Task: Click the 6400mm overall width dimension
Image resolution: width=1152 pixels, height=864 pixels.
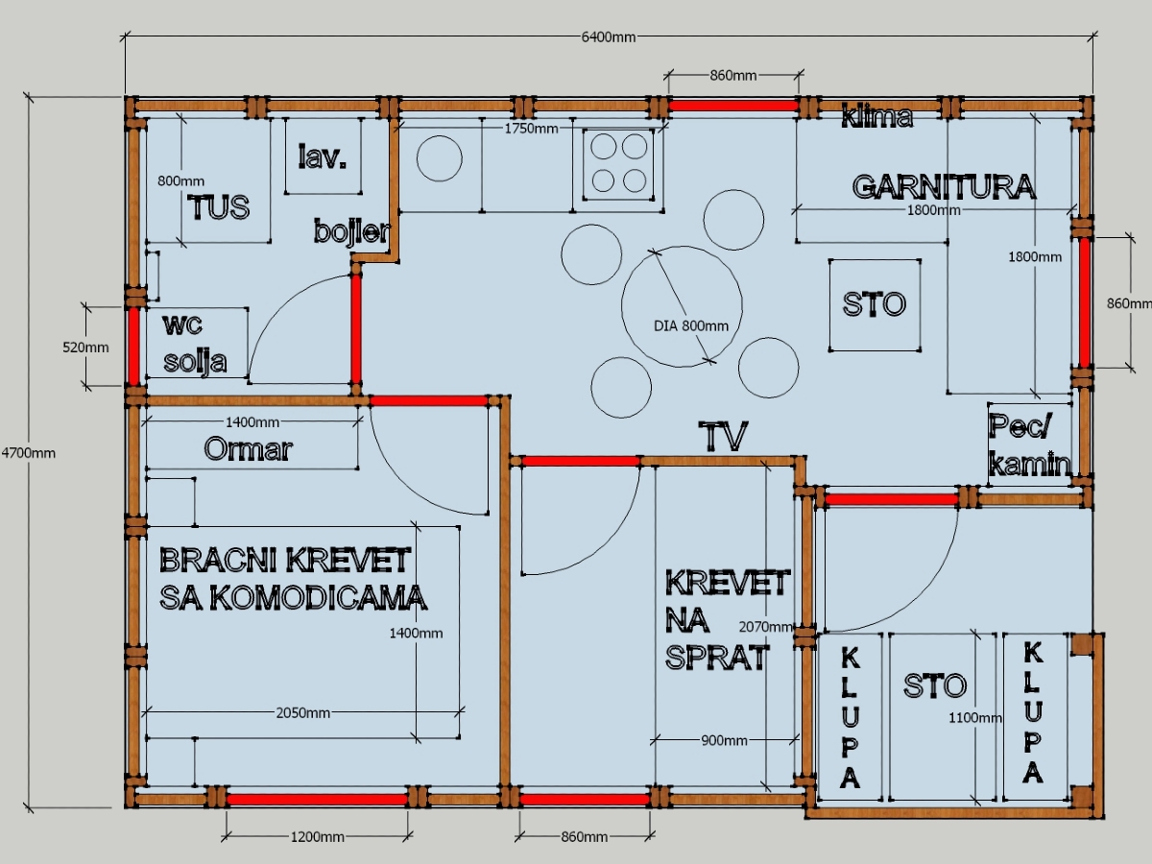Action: click(x=609, y=37)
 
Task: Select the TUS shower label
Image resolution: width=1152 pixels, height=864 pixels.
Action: click(x=219, y=207)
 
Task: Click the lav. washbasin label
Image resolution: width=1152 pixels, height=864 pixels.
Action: click(x=322, y=157)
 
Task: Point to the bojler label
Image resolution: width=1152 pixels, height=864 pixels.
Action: click(x=351, y=231)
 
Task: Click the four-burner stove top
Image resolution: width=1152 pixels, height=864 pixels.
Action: click(x=619, y=162)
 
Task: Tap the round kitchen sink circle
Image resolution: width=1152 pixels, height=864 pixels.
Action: click(x=440, y=158)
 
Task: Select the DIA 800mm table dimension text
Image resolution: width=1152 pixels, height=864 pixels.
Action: click(x=691, y=325)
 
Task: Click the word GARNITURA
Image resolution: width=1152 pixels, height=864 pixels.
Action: click(x=944, y=186)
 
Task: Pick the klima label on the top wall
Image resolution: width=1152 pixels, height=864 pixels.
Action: click(x=876, y=118)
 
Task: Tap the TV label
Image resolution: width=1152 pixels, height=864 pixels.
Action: click(x=723, y=437)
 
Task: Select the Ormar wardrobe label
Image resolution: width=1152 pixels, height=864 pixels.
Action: click(x=248, y=449)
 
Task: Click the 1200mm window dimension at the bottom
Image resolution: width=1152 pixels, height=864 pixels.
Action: click(x=317, y=837)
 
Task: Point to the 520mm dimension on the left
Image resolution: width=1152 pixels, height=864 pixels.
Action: click(x=85, y=347)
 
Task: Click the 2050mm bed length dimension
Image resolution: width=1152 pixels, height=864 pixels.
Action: click(x=303, y=712)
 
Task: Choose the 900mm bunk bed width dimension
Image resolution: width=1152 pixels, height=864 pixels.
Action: click(x=725, y=740)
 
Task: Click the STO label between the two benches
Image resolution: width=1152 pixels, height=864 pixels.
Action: click(x=934, y=685)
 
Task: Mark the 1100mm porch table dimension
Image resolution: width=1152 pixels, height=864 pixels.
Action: click(x=975, y=717)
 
